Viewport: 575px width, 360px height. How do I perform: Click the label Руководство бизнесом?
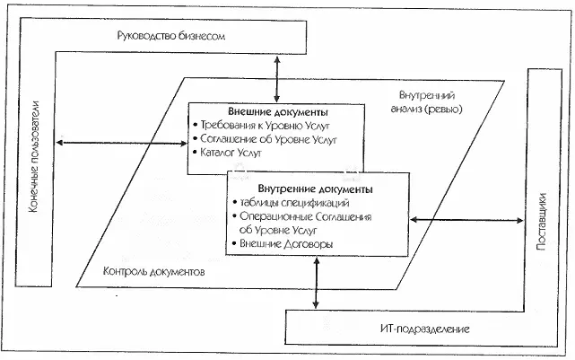point(170,37)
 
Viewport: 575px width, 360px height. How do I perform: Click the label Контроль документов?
point(155,270)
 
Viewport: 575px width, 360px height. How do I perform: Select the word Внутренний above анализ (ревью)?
point(428,95)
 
